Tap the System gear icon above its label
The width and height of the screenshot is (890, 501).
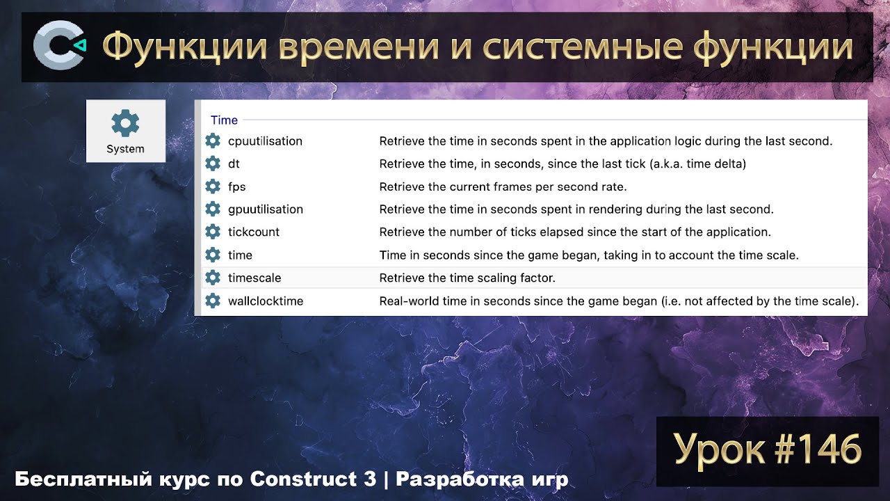coord(126,124)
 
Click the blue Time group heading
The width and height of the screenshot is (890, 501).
coord(224,120)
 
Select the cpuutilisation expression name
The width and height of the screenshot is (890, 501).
coord(265,141)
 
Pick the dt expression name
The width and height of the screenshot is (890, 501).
coord(234,164)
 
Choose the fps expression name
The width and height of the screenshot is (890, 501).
coord(236,187)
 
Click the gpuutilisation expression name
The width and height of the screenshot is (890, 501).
coord(266,209)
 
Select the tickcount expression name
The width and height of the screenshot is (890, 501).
coord(254,232)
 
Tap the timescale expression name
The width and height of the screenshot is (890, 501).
coord(254,278)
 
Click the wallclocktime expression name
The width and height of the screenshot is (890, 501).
coord(266,301)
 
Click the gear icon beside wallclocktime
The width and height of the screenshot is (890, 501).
coord(213,301)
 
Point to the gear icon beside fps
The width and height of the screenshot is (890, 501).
coord(213,187)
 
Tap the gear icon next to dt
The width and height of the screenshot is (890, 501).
coord(213,164)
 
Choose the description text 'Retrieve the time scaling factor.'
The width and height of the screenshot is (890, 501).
coord(467,278)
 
